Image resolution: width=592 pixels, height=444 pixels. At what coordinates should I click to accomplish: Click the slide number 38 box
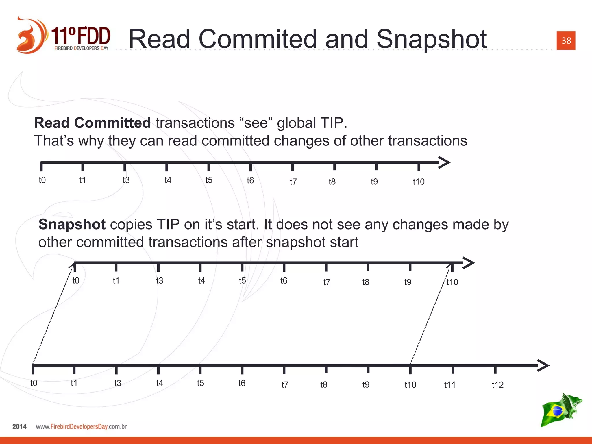pos(566,40)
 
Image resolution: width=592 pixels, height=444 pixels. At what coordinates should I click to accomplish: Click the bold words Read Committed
pos(92,123)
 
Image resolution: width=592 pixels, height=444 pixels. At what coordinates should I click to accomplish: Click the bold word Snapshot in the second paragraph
pos(72,224)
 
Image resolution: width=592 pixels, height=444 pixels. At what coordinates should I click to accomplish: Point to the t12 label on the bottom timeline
pos(497,384)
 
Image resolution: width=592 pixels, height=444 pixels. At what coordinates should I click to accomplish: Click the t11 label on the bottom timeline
pos(449,384)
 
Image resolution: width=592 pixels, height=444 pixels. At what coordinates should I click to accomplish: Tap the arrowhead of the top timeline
pos(445,162)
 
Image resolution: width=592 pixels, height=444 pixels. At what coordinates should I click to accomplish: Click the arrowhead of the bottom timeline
pos(543,365)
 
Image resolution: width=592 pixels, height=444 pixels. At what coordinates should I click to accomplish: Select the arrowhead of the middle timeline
pos(469,263)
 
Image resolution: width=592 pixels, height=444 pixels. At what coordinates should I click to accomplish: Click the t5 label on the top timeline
pos(209,180)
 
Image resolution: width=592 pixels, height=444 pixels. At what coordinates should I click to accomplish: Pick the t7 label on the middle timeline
pos(327,282)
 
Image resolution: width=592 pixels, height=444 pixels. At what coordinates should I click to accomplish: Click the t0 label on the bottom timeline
pos(34,383)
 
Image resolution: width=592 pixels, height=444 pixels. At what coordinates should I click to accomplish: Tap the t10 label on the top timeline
pos(418,182)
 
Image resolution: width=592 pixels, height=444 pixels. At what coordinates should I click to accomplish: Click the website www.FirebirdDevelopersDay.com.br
pos(81,427)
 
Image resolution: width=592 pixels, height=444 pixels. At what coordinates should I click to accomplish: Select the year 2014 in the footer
pos(19,427)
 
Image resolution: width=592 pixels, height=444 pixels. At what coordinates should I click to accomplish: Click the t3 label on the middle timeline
pos(160,280)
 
